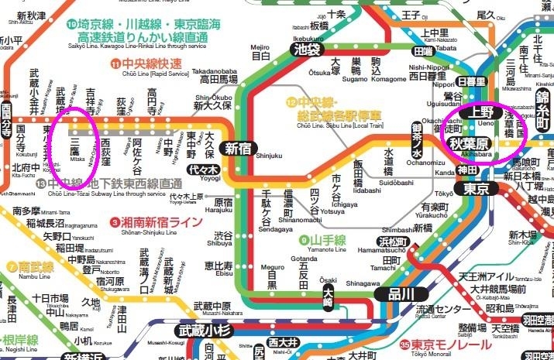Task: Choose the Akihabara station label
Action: (x=473, y=144)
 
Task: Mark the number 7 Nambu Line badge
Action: (x=12, y=266)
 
